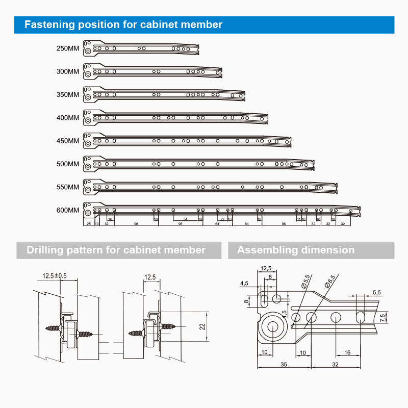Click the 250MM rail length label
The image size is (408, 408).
(68, 49)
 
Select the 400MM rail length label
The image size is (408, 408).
(68, 118)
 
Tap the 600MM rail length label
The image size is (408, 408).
(68, 210)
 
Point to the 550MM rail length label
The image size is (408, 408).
(68, 187)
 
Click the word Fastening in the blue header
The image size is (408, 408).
(49, 24)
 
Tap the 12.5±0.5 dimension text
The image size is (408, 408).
(55, 276)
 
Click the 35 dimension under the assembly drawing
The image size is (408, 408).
(284, 364)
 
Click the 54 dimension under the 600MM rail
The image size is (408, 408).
(185, 219)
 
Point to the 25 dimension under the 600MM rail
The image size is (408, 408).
(89, 224)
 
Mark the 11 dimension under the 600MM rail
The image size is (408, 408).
(298, 219)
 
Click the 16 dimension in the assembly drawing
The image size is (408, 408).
(347, 352)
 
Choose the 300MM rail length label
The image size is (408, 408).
(68, 72)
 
